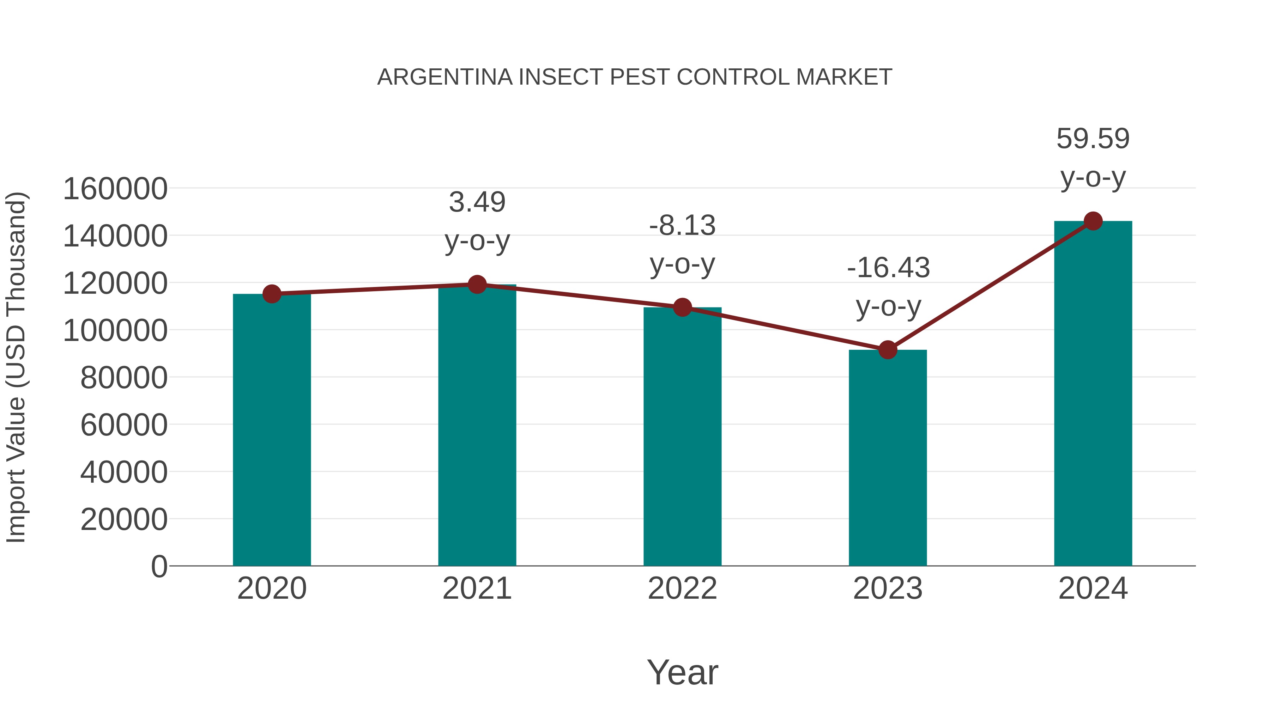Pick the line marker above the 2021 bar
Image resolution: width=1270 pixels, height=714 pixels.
tap(477, 284)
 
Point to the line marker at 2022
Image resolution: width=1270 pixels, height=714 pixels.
tap(682, 307)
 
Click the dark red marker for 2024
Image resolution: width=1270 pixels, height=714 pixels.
tap(1093, 221)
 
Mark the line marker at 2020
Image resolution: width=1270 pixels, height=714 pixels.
tap(272, 294)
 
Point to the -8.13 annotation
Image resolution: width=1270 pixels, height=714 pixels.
tap(682, 245)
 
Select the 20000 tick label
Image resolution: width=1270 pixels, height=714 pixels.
tap(124, 519)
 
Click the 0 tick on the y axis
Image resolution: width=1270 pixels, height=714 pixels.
tap(159, 566)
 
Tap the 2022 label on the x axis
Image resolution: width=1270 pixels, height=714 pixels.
tap(682, 588)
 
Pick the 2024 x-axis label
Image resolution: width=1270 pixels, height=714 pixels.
tap(1093, 588)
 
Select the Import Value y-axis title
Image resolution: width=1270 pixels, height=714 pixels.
tap(16, 367)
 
